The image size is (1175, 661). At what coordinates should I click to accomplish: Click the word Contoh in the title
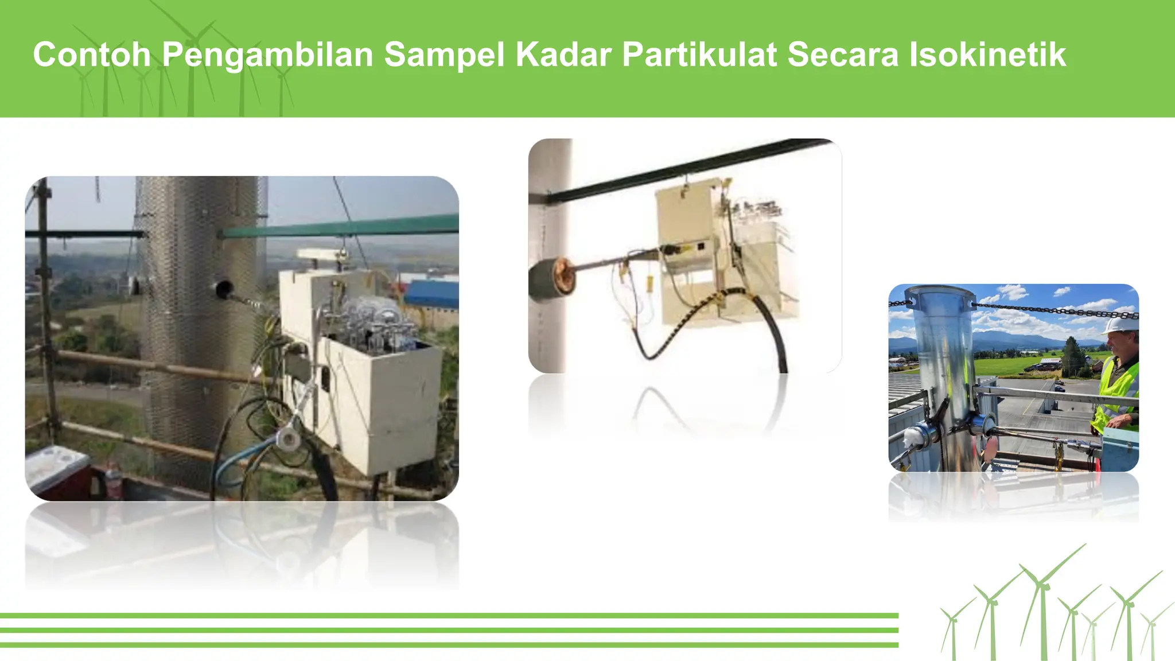click(x=92, y=55)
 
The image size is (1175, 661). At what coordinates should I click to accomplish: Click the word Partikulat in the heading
click(x=699, y=55)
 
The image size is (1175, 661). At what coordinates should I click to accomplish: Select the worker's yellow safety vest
click(x=1118, y=390)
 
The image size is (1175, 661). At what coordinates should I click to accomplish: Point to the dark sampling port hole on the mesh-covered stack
click(x=223, y=288)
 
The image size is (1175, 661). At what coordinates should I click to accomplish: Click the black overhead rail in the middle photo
click(x=688, y=169)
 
